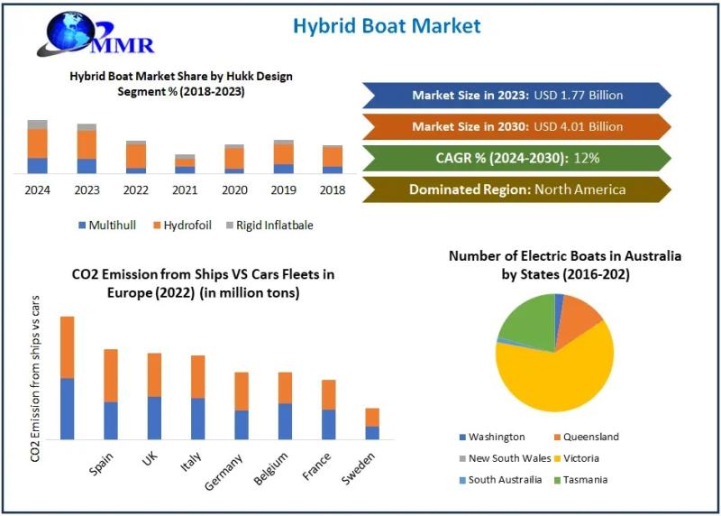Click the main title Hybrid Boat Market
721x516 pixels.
[386, 24]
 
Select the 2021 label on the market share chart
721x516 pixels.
[185, 189]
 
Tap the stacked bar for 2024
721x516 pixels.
[37, 146]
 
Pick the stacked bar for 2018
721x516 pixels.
[333, 159]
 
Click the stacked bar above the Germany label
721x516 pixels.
[242, 405]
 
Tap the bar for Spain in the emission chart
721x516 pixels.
[111, 394]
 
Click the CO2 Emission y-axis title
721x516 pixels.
[35, 378]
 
